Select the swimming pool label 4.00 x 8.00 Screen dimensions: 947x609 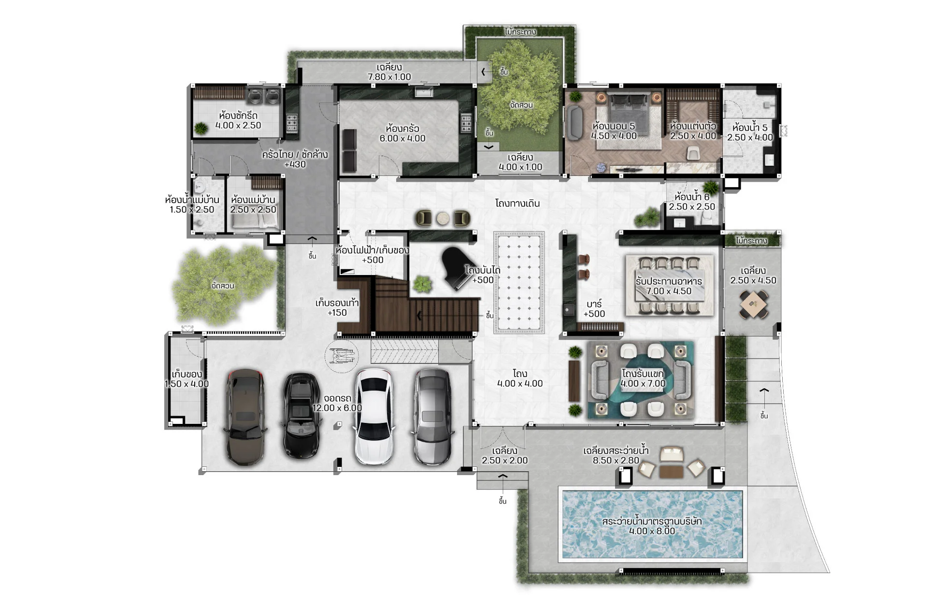[652, 531]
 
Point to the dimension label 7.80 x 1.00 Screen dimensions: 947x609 [389, 77]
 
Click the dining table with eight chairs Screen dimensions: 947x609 [669, 286]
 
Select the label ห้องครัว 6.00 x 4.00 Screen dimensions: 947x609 [402, 133]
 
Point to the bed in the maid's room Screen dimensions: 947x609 [255, 221]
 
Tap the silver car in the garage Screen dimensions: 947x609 [432, 417]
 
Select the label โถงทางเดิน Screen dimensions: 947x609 [517, 203]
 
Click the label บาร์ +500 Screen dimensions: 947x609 [594, 309]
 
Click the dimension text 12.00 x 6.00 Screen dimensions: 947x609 [337, 408]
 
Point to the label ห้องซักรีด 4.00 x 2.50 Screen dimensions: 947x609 [238, 120]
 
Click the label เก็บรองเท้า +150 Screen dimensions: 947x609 [337, 308]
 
